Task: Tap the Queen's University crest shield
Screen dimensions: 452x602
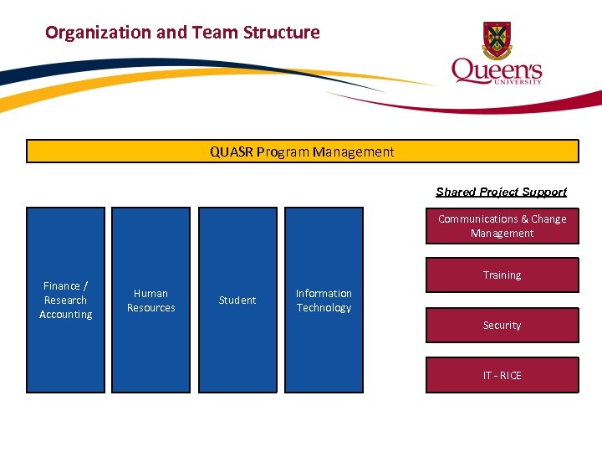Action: point(497,39)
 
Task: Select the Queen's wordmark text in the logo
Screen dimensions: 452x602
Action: point(497,70)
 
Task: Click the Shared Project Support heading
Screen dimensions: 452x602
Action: point(501,192)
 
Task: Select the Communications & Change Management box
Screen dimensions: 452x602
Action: point(502,226)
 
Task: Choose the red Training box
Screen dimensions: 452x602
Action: point(502,275)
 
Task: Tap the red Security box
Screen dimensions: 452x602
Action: point(502,325)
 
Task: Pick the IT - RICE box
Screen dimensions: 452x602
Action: point(502,375)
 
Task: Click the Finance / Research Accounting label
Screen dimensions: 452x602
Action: point(66,300)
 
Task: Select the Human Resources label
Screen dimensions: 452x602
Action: point(150,300)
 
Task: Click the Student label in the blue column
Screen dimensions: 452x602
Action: point(237,300)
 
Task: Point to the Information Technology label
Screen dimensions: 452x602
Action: point(324,300)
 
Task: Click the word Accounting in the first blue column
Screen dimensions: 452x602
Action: point(66,315)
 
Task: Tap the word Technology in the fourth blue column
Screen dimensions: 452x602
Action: point(324,308)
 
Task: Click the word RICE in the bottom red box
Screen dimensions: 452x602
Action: point(510,375)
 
